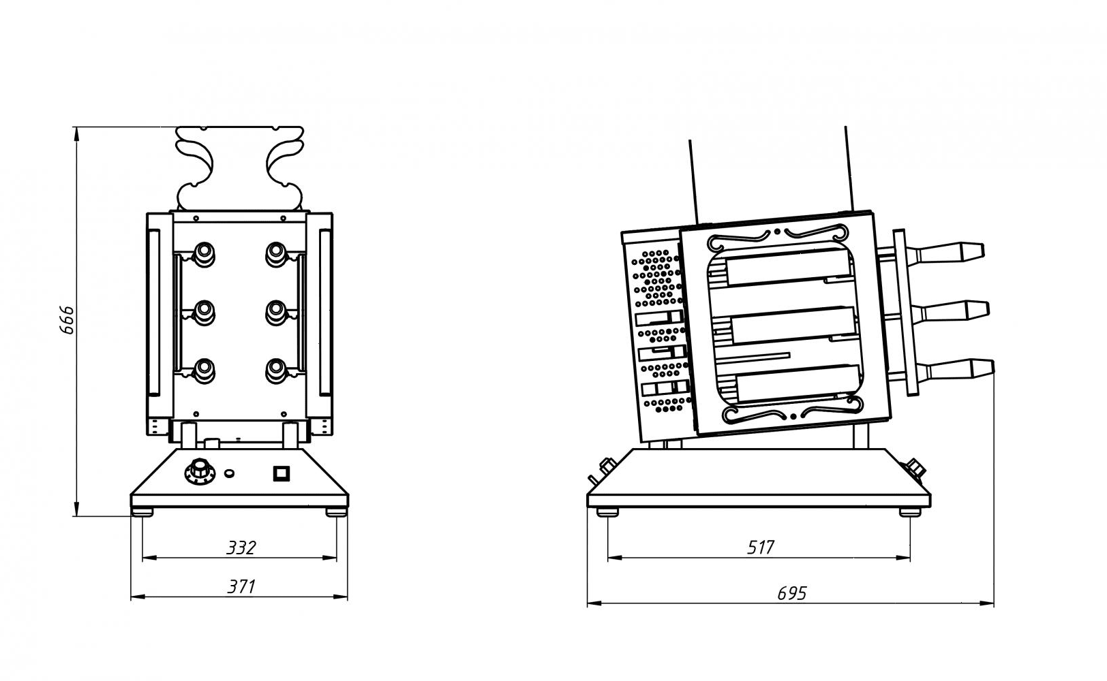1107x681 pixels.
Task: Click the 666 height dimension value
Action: click(67, 320)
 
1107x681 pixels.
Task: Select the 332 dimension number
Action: click(241, 548)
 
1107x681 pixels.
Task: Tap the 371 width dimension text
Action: click(241, 586)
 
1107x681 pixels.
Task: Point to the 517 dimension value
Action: click(761, 548)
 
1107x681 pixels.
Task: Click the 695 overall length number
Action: click(791, 593)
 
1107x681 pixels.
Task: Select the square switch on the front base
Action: click(281, 473)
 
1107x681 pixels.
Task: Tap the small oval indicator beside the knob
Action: click(230, 472)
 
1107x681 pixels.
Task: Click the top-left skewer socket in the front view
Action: click(203, 253)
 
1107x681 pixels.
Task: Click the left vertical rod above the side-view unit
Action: click(693, 181)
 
